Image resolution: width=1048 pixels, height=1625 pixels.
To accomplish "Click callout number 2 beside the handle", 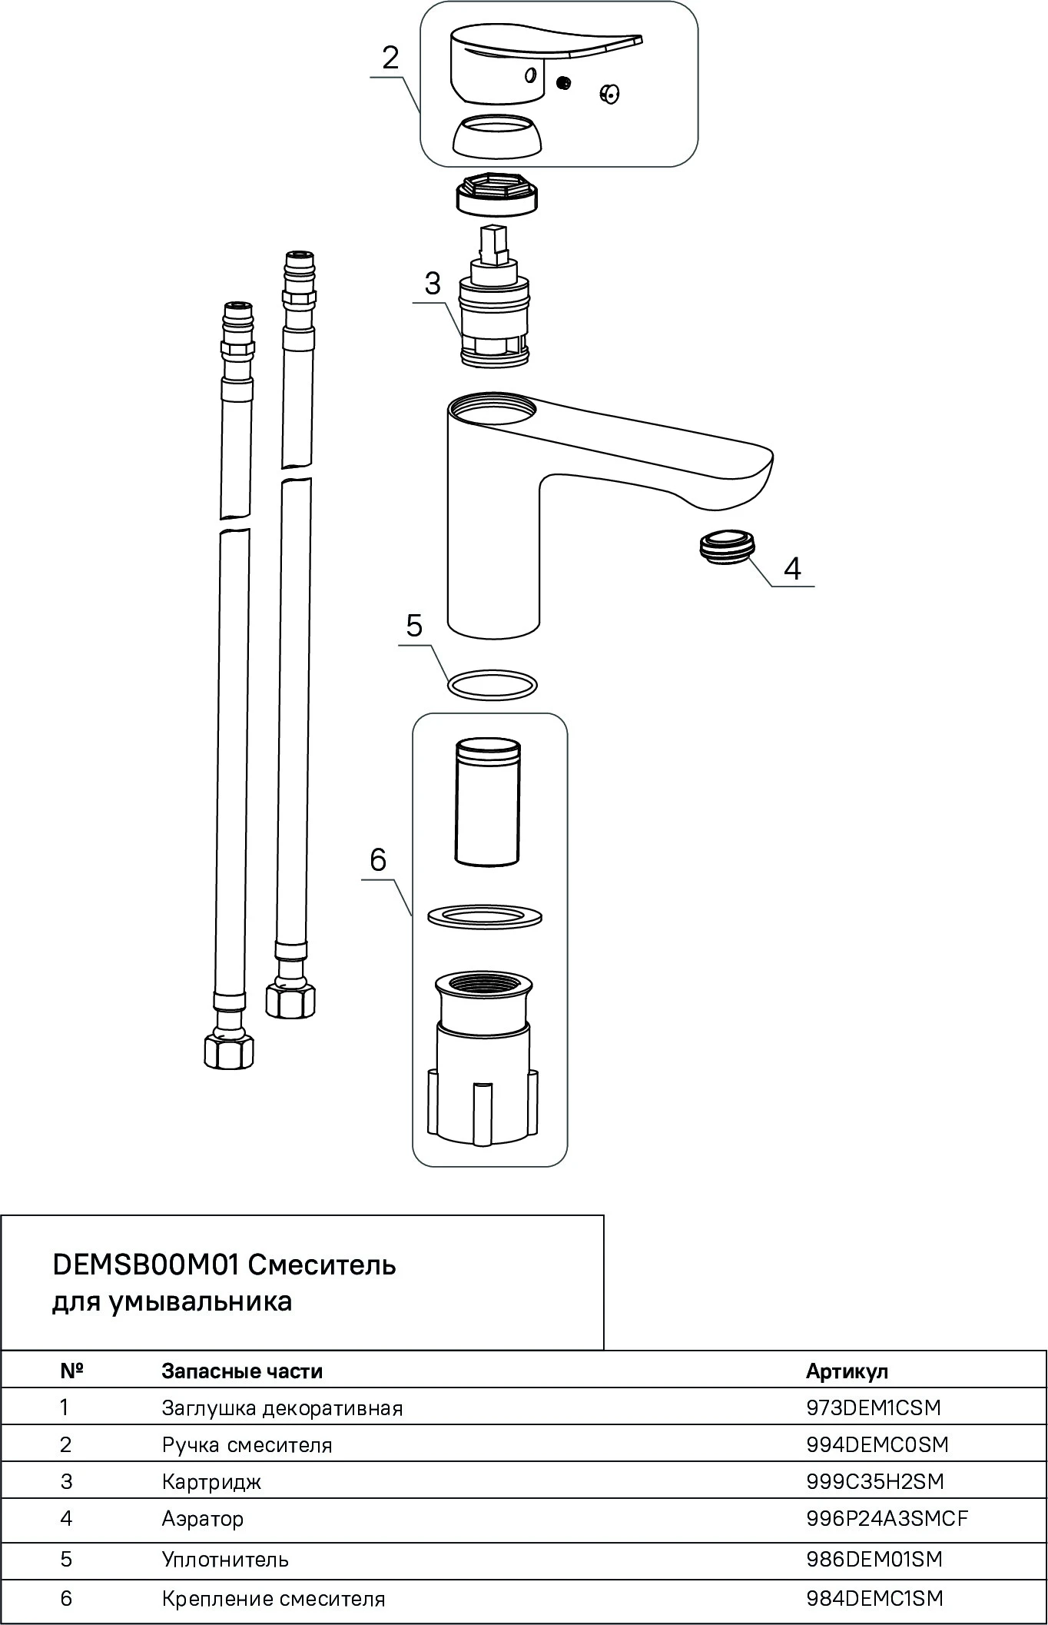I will point(391,58).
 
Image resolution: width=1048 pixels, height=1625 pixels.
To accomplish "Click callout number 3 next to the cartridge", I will point(433,284).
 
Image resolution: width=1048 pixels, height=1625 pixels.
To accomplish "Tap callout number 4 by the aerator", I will point(792,569).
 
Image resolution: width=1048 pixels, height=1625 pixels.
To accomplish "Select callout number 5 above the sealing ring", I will point(414,626).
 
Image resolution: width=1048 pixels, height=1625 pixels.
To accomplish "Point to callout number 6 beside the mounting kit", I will point(377,859).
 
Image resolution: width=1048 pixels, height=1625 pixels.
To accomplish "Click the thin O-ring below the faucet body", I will point(492,683).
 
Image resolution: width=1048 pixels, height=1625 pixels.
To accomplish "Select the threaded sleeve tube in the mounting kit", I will point(486,803).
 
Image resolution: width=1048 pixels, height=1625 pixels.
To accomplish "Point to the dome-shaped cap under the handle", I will point(496,136).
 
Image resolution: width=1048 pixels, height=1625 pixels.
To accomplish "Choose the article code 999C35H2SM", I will point(875,1481).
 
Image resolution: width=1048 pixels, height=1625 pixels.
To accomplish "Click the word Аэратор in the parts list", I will point(203,1519).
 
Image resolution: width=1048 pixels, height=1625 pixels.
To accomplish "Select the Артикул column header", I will point(847,1371).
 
